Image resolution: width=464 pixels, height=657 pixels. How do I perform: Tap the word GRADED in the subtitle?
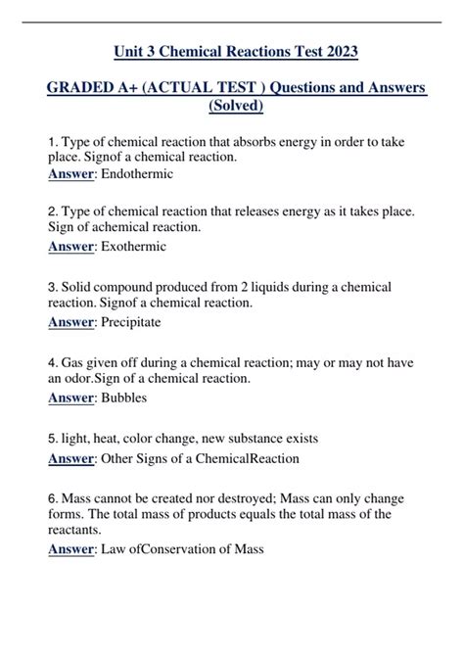[x=84, y=89]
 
